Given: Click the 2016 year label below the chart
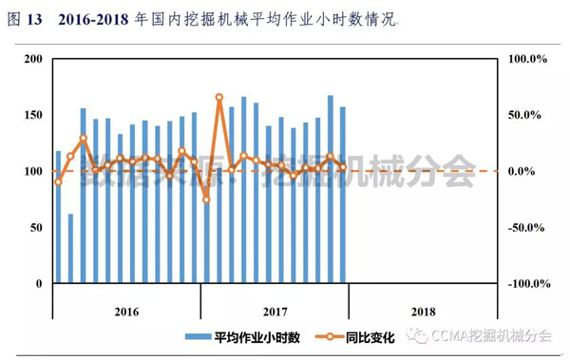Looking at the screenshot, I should [x=126, y=311].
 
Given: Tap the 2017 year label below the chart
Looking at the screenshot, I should [x=275, y=311].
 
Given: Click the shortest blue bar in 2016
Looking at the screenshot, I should [x=70, y=249].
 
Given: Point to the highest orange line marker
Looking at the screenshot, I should [x=219, y=97].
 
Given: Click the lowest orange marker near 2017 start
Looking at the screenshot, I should [x=206, y=199].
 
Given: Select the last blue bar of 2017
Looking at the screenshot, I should [x=343, y=195].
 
